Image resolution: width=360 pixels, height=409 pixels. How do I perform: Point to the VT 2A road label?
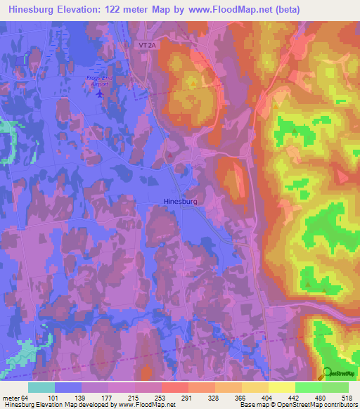[x=146, y=44]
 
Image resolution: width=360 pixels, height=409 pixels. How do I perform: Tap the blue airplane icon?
[x=98, y=92]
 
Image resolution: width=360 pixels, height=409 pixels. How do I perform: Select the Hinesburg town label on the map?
[x=180, y=201]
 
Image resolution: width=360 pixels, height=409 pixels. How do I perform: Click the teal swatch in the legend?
[x=41, y=387]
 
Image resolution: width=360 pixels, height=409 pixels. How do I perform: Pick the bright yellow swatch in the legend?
[x=281, y=387]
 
